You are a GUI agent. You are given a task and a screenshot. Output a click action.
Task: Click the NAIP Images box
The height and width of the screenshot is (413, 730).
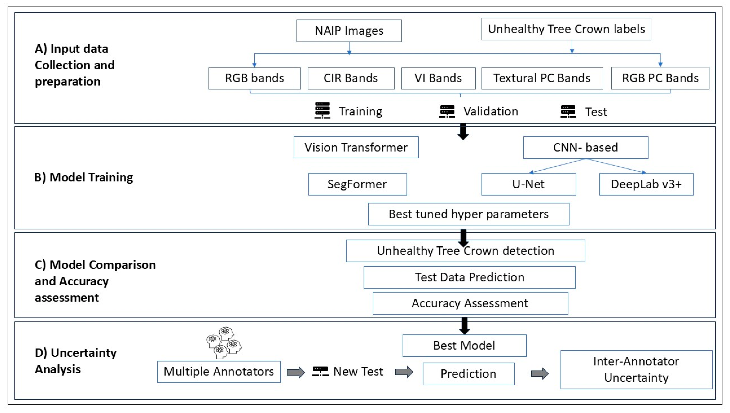click(x=349, y=31)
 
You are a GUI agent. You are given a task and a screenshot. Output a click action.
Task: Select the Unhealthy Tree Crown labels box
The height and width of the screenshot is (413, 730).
click(x=566, y=29)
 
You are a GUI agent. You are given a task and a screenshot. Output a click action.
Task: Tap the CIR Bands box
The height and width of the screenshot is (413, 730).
click(x=351, y=78)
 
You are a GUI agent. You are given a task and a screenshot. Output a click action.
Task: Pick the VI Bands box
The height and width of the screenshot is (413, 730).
click(x=438, y=78)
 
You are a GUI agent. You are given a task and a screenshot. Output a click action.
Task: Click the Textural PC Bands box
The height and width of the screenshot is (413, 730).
click(x=542, y=78)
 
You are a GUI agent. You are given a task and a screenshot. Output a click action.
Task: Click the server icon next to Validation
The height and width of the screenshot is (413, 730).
click(x=447, y=111)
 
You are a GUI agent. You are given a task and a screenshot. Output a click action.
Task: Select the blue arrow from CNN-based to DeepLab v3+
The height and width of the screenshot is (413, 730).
click(x=615, y=166)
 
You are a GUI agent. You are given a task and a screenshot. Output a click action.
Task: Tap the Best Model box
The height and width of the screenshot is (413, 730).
click(x=464, y=346)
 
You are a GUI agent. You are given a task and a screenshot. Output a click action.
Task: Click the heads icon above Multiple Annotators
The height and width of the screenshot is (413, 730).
click(x=224, y=343)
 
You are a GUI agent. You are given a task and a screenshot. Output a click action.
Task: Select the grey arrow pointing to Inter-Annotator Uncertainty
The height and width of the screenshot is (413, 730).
click(x=540, y=373)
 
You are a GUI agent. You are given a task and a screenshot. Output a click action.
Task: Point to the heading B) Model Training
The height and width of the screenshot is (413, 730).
click(x=84, y=178)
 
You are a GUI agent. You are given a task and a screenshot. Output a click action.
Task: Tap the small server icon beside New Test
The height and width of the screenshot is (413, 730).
click(x=321, y=371)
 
